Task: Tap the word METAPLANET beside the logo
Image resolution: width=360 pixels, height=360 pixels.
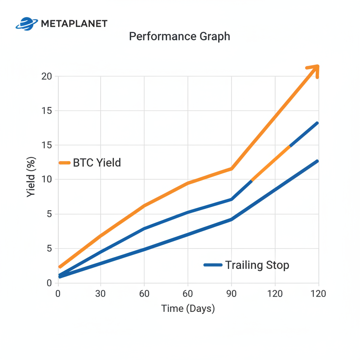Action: tap(74, 24)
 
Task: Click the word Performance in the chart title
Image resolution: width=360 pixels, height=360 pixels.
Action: tap(159, 36)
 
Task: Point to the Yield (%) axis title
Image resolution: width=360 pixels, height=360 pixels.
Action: tap(31, 179)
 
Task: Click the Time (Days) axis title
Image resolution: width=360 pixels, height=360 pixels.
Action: tap(188, 309)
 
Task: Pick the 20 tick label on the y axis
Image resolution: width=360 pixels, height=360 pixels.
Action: tap(46, 76)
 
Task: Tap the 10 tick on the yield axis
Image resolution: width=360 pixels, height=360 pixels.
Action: tap(46, 180)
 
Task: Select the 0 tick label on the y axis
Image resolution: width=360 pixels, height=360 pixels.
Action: tap(49, 283)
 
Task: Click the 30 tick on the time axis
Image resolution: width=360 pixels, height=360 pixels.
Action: tap(101, 294)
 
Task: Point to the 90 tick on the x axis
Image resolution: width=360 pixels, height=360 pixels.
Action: tap(231, 294)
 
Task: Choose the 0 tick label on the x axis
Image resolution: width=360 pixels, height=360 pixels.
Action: tap(58, 294)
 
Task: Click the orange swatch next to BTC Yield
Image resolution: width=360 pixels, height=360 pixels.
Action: tap(65, 163)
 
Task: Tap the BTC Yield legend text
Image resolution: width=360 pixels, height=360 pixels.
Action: tap(97, 163)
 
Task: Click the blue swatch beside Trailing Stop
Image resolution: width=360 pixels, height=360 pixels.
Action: tap(213, 265)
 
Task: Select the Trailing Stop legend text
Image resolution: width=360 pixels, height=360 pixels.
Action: tap(257, 265)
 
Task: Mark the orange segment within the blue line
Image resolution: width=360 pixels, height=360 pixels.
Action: tap(271, 163)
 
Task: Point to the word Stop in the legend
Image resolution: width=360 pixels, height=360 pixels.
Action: tap(277, 265)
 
